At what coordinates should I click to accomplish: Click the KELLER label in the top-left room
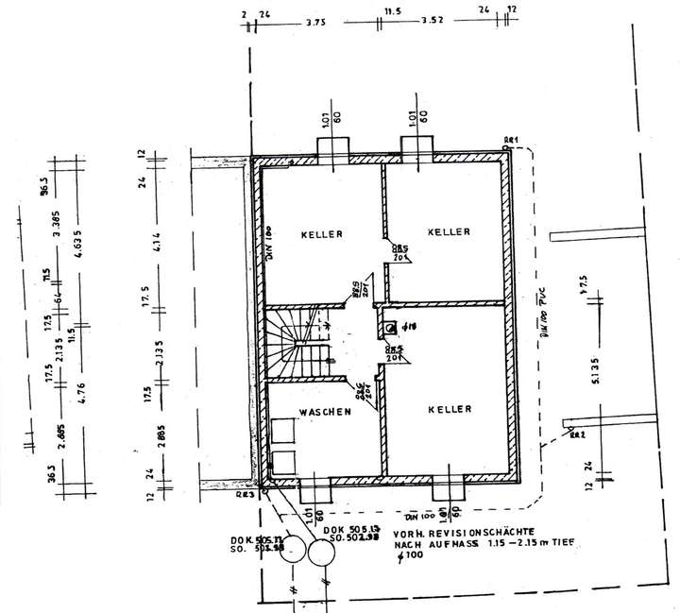pyautogui.click(x=322, y=233)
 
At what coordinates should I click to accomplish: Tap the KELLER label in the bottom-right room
pyautogui.click(x=450, y=409)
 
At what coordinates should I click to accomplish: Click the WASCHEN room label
pyautogui.click(x=326, y=412)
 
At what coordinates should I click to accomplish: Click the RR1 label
pyautogui.click(x=511, y=141)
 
